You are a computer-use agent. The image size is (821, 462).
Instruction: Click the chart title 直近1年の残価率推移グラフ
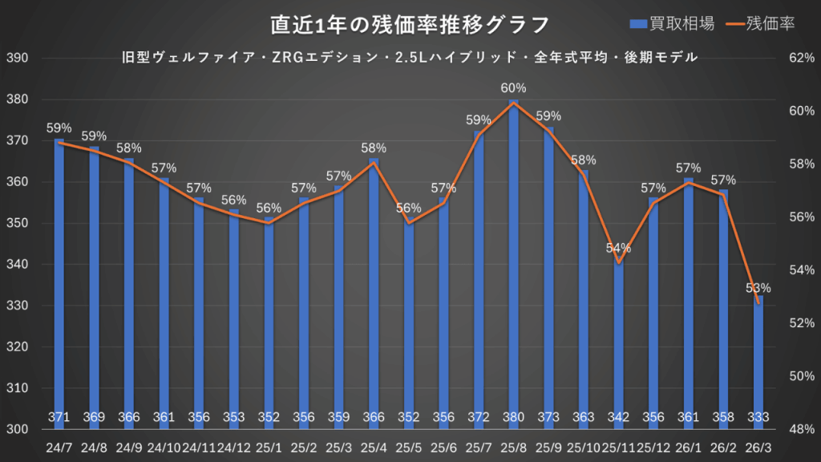pos(410,24)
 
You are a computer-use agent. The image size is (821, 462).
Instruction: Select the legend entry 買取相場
pos(671,24)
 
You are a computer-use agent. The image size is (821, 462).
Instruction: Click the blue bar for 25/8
pos(513,265)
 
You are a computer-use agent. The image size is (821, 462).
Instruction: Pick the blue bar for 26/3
pos(758,361)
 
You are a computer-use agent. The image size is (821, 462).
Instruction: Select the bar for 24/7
pos(59,281)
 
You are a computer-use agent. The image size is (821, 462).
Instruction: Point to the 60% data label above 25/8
pos(513,88)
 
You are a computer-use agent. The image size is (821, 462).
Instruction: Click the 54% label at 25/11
pos(618,248)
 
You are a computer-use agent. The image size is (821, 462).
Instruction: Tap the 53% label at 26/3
pos(758,288)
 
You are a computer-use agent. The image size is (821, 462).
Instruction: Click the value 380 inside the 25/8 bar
pos(513,416)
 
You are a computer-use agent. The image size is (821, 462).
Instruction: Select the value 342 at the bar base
pos(618,416)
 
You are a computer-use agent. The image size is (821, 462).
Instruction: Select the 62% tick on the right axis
pos(802,59)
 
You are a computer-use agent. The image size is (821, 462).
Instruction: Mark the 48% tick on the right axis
pos(802,429)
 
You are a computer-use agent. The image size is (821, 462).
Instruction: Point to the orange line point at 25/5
pos(408,223)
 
